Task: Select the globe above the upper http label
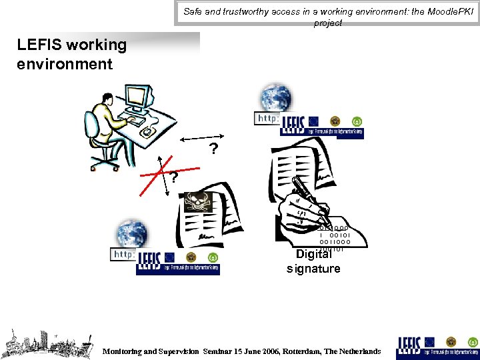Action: (x=276, y=98)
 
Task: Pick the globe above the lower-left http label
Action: (x=131, y=233)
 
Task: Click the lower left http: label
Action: (x=123, y=254)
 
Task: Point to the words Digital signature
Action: (x=313, y=261)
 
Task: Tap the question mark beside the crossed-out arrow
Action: (x=173, y=178)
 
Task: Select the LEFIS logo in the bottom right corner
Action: (x=437, y=345)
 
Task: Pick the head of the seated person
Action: (x=107, y=93)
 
